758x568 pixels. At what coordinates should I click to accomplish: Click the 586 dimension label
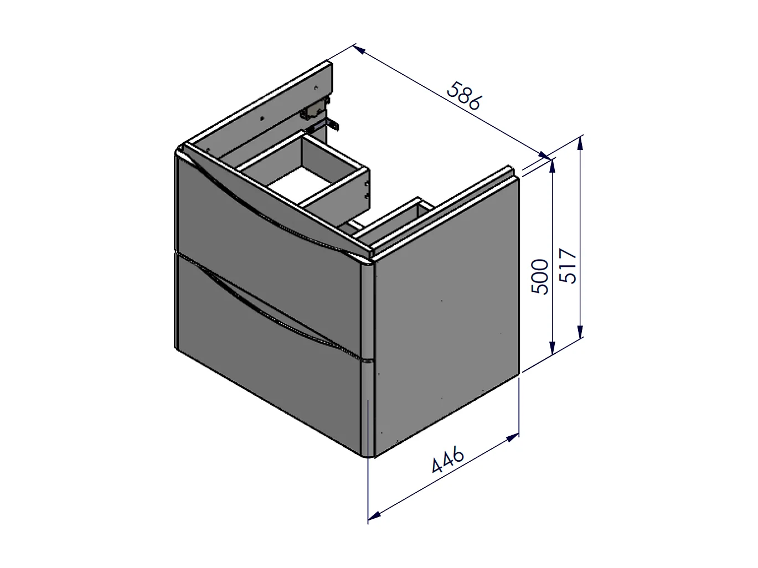click(463, 96)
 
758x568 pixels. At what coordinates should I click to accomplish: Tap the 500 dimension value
click(540, 277)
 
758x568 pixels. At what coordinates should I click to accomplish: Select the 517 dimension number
click(568, 266)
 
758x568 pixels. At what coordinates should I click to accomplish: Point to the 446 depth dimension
click(448, 459)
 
